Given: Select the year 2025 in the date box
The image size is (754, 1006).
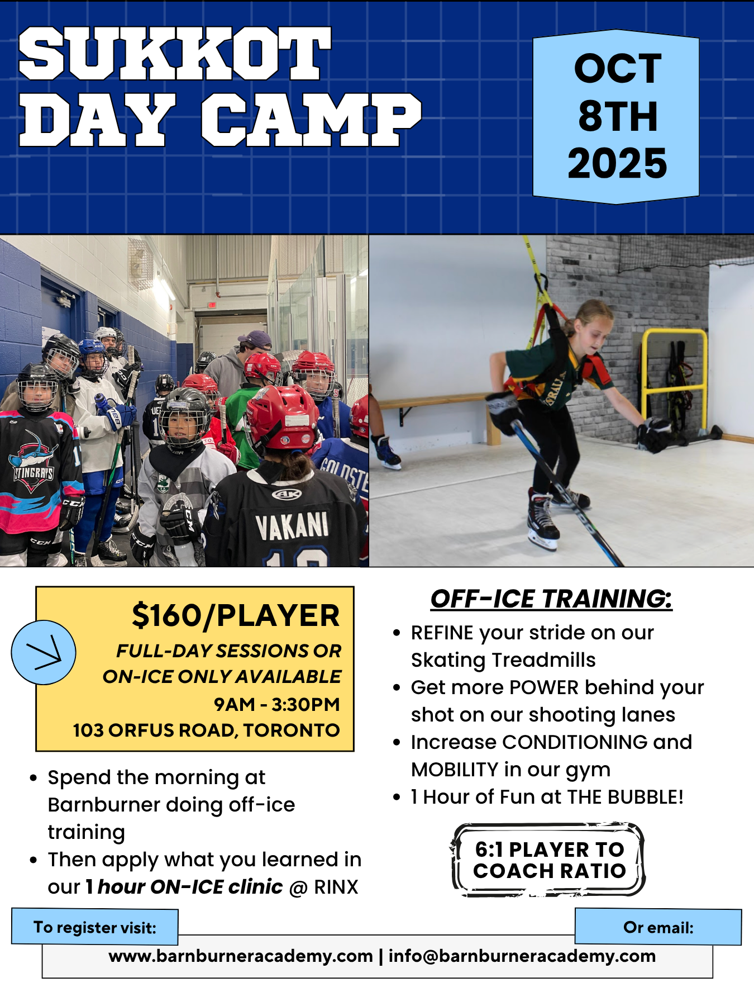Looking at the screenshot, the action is tap(617, 163).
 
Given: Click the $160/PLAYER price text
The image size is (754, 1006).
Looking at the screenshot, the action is tap(236, 616).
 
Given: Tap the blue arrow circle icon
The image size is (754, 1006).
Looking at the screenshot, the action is tap(44, 652).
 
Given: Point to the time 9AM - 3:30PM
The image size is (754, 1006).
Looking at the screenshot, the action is tap(277, 704).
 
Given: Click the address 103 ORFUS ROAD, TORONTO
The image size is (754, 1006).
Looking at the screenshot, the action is tap(206, 730).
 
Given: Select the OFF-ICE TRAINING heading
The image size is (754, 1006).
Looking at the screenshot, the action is tap(551, 599).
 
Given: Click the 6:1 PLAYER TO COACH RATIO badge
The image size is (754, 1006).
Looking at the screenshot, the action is tap(548, 860).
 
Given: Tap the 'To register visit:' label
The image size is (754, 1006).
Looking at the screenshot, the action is tap(95, 927).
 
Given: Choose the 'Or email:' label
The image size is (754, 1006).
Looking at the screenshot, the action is tap(658, 927).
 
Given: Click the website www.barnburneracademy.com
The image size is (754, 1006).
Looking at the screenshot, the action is tap(241, 956).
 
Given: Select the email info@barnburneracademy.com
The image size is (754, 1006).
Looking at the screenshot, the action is tap(522, 956).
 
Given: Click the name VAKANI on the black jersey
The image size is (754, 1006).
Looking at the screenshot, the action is tap(292, 526).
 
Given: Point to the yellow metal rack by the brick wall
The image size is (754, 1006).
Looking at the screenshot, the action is tap(674, 380).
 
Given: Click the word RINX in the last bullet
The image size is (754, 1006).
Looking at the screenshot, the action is tap(336, 887).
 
